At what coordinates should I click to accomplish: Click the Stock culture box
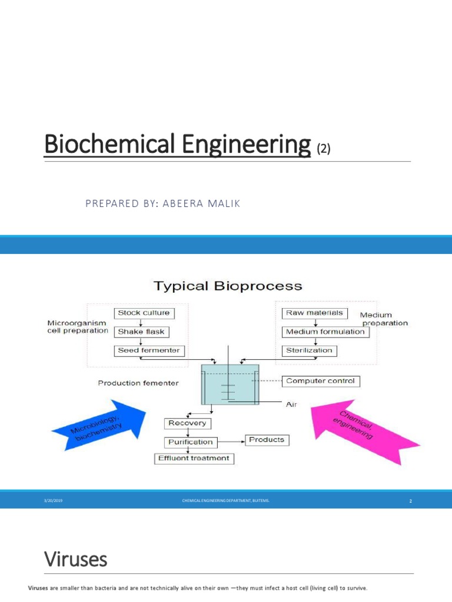pyautogui.click(x=143, y=313)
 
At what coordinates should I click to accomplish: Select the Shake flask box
pyautogui.click(x=141, y=332)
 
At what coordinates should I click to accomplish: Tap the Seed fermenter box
pyautogui.click(x=149, y=350)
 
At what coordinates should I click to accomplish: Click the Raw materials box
pyautogui.click(x=314, y=313)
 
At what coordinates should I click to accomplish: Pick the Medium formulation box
pyautogui.click(x=325, y=332)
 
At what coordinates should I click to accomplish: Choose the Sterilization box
pyautogui.click(x=309, y=350)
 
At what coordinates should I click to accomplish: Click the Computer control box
pyautogui.click(x=320, y=381)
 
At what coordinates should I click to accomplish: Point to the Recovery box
pyautogui.click(x=187, y=423)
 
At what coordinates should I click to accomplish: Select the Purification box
pyautogui.click(x=191, y=442)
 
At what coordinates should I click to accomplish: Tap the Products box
pyautogui.click(x=266, y=439)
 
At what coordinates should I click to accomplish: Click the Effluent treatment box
pyautogui.click(x=194, y=458)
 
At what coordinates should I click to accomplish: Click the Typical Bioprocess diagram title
pyautogui.click(x=228, y=286)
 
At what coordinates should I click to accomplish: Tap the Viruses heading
pyautogui.click(x=76, y=559)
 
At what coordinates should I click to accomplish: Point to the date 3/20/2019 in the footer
pyautogui.click(x=54, y=501)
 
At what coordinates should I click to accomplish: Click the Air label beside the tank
pyautogui.click(x=292, y=404)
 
